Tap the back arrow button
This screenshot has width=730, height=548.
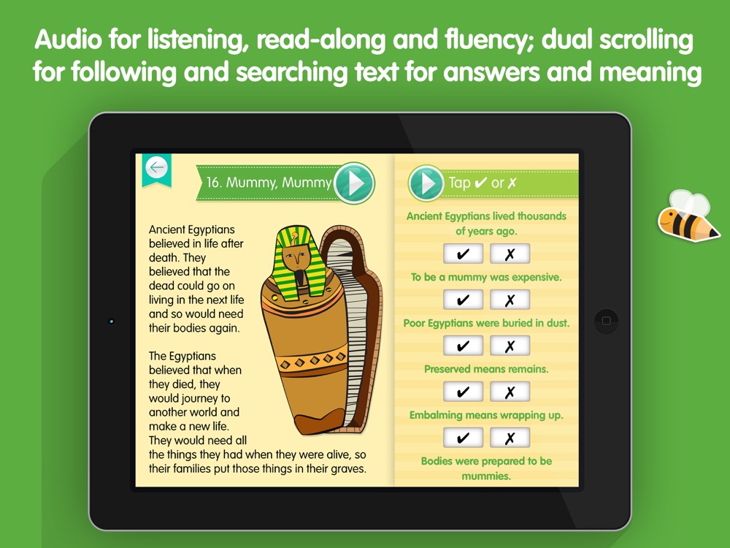tap(156, 167)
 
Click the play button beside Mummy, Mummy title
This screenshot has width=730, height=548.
tap(354, 183)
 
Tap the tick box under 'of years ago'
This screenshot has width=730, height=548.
tap(463, 254)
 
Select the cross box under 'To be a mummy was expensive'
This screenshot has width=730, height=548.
tap(510, 300)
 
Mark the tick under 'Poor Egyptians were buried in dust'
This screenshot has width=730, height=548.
tap(463, 346)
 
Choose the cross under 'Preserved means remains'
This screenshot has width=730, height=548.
tap(510, 392)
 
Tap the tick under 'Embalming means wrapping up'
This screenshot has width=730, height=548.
tap(463, 438)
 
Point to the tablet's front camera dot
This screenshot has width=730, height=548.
tap(111, 321)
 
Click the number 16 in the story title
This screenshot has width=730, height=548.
tap(212, 182)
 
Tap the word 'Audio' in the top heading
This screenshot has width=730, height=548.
tap(69, 39)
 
